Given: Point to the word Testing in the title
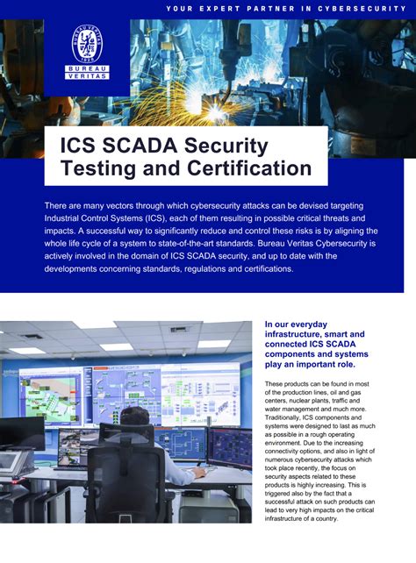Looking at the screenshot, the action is [x=97, y=167].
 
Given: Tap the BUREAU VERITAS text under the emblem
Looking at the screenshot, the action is [x=87, y=71].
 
